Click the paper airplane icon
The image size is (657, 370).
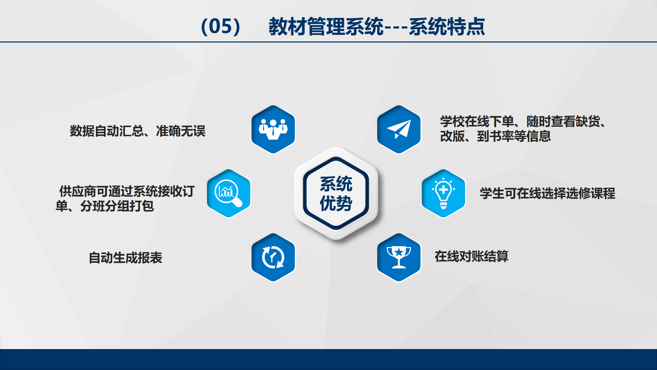pyautogui.click(x=399, y=129)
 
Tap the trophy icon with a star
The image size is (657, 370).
pyautogui.click(x=399, y=257)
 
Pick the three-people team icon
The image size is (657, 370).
pyautogui.click(x=273, y=129)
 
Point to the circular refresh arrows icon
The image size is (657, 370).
pyautogui.click(x=273, y=257)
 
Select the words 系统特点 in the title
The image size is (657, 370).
pyautogui.click(x=447, y=26)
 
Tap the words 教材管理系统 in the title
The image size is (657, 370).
pyautogui.click(x=326, y=26)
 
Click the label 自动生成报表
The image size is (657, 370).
pyautogui.click(x=125, y=258)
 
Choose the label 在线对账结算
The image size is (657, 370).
pyautogui.click(x=472, y=256)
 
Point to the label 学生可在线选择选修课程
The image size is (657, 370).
pyautogui.click(x=547, y=193)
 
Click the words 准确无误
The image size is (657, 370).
pyautogui.click(x=181, y=131)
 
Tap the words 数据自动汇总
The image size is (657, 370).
pyautogui.click(x=107, y=131)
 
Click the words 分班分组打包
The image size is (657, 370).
pyautogui.click(x=117, y=206)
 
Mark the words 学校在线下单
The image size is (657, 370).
pyautogui.click(x=477, y=122)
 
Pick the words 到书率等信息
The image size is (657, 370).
pyautogui.click(x=514, y=136)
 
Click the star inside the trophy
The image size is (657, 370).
pyautogui.click(x=399, y=252)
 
